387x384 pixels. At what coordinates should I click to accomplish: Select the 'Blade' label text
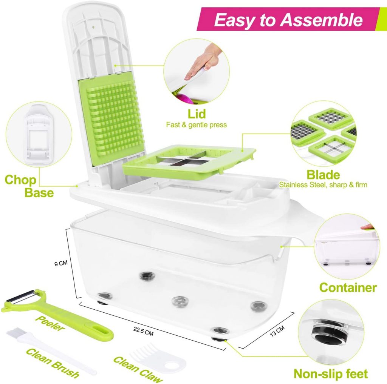pyautogui.click(x=323, y=175)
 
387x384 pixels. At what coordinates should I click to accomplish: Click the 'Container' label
pyautogui.click(x=348, y=287)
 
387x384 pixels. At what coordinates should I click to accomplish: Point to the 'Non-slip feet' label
pyautogui.click(x=331, y=373)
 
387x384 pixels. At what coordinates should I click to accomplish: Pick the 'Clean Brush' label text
pyautogui.click(x=53, y=363)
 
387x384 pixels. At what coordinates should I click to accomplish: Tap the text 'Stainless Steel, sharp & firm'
pyautogui.click(x=323, y=185)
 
